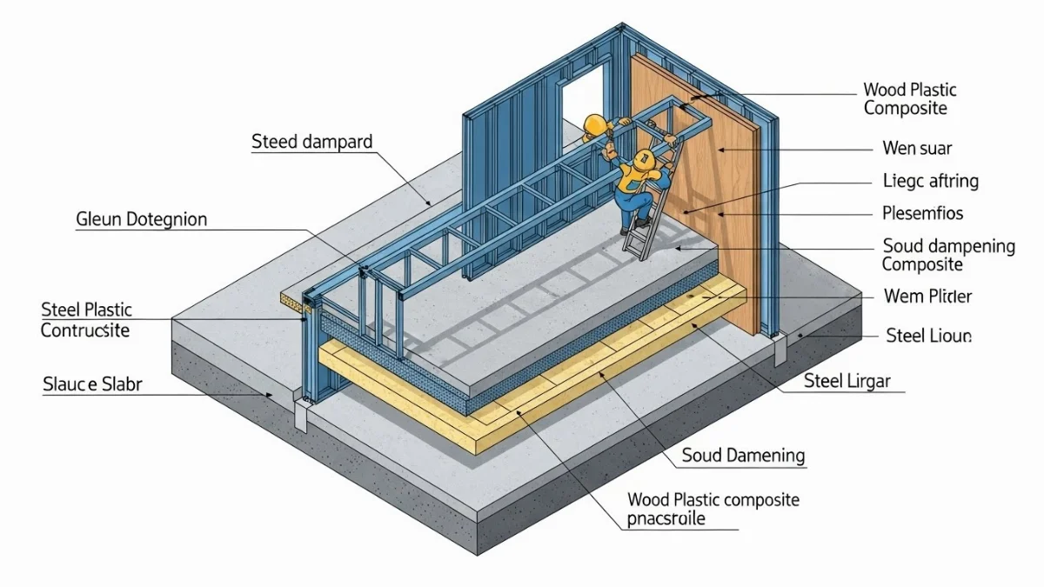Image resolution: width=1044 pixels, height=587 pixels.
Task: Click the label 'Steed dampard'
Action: (x=311, y=142)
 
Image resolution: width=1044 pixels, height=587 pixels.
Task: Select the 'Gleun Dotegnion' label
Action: (x=142, y=220)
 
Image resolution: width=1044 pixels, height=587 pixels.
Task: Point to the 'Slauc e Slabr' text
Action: (x=92, y=384)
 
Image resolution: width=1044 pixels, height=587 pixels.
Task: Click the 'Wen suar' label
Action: (x=910, y=149)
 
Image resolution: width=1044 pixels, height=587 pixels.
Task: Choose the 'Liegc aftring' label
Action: (x=930, y=181)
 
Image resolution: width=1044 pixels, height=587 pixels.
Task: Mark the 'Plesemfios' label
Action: (x=923, y=213)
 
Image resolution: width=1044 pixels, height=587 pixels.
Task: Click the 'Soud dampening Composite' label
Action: (x=947, y=256)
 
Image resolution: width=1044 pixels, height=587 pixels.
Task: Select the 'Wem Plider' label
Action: (x=927, y=297)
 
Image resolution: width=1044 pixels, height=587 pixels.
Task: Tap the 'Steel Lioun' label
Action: (x=928, y=335)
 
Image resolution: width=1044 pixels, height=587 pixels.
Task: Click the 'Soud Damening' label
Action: (x=743, y=456)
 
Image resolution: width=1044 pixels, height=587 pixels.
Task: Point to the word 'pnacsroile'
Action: (x=666, y=519)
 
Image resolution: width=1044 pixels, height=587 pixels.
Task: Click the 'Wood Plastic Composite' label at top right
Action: (x=909, y=99)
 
